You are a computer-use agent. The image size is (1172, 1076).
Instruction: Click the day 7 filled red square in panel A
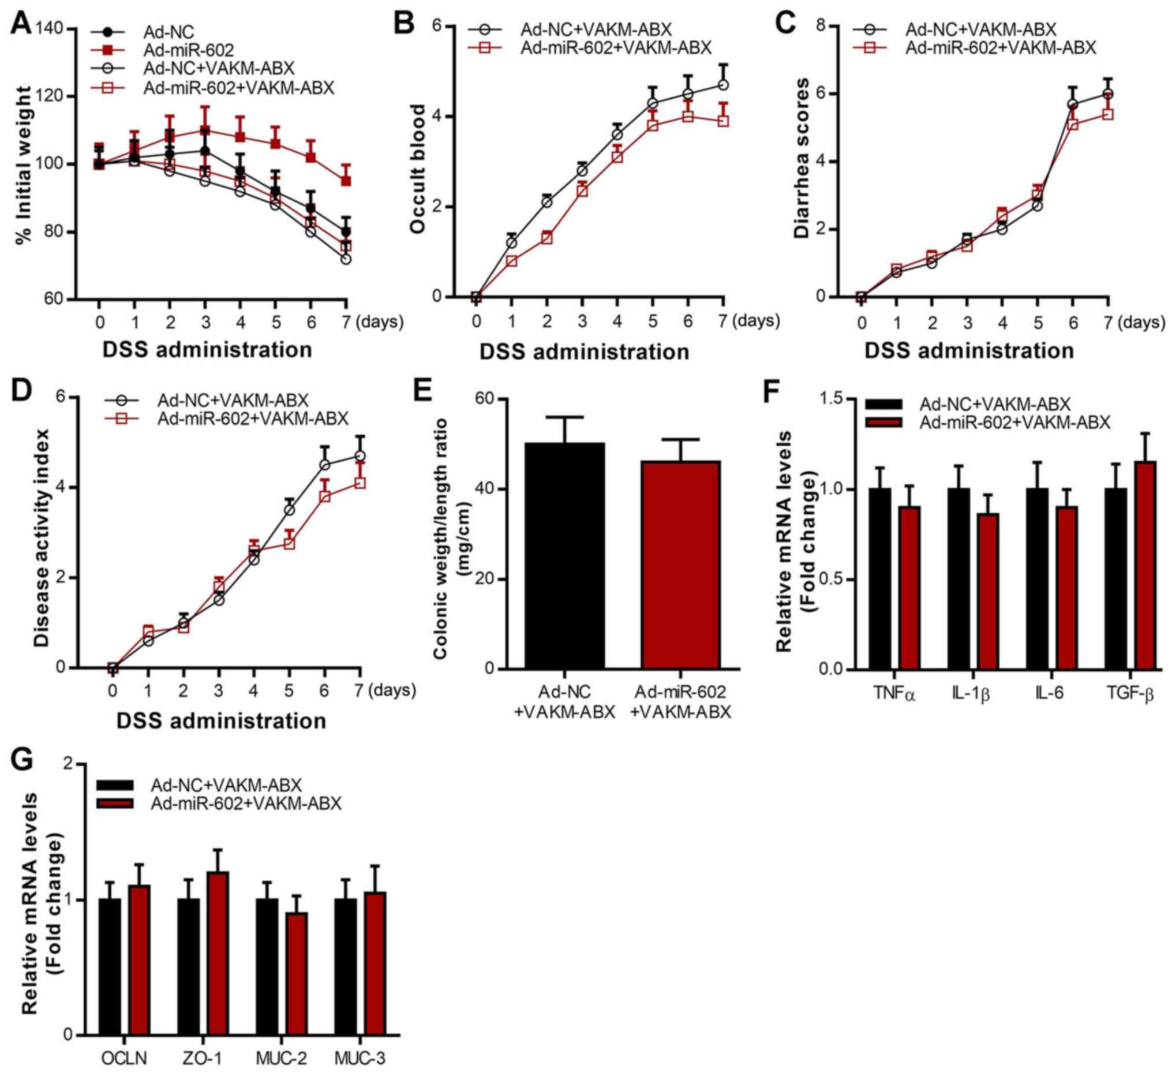[x=346, y=181]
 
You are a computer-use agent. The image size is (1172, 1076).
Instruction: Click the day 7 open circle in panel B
[x=723, y=85]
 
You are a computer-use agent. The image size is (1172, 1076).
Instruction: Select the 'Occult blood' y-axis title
[x=418, y=169]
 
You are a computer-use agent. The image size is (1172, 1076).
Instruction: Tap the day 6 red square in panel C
[x=1073, y=124]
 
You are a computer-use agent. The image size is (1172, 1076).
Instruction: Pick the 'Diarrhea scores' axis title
[x=803, y=158]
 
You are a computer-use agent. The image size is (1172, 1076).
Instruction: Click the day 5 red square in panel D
[x=289, y=543]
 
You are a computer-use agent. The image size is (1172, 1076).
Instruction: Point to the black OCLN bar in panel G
[x=110, y=966]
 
